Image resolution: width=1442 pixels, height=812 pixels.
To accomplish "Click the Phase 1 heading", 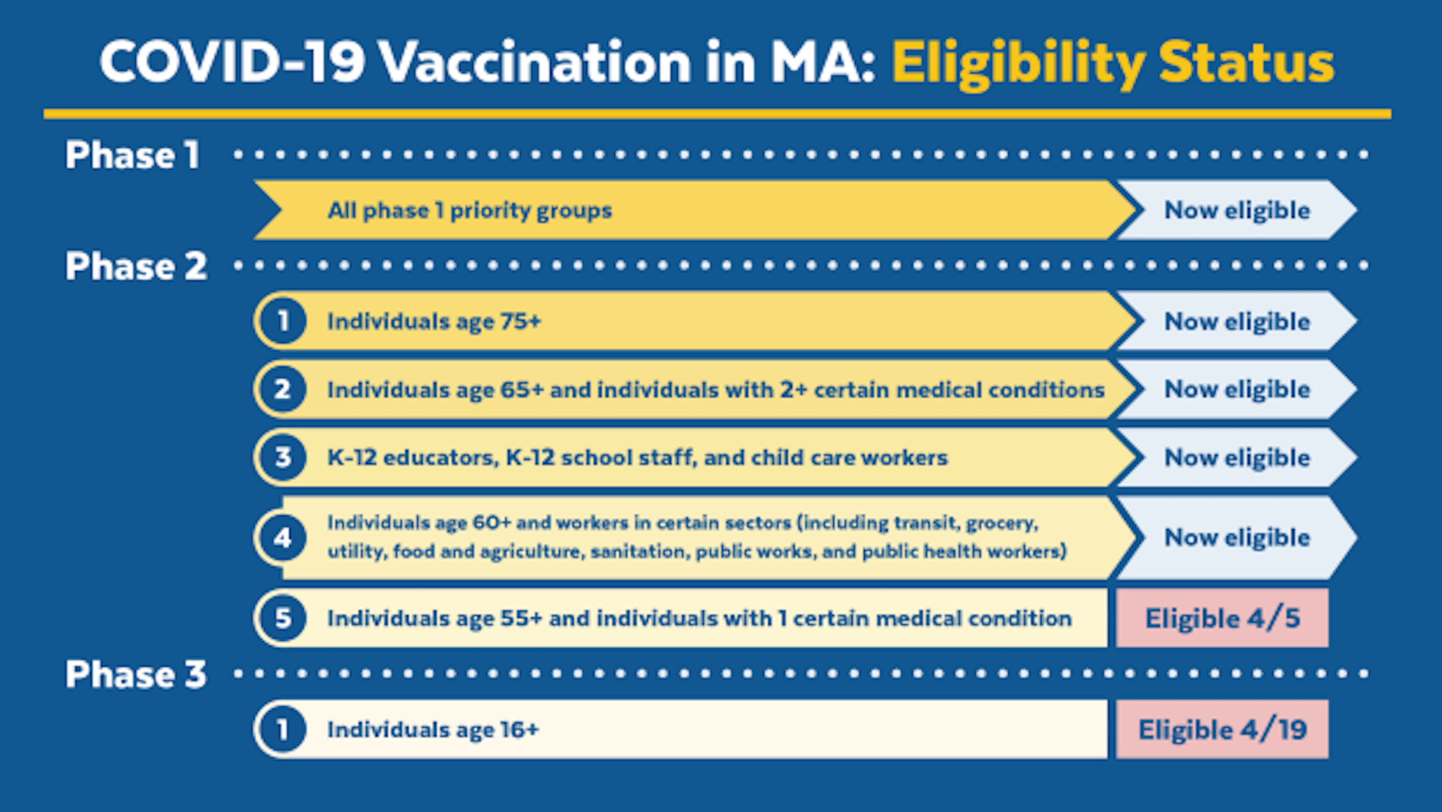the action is tap(132, 155).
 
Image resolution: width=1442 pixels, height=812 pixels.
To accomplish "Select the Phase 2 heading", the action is tap(136, 265).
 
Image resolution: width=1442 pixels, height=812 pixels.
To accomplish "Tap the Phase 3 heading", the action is tap(136, 674).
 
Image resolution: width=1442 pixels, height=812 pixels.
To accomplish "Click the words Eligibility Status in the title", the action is tap(1113, 63).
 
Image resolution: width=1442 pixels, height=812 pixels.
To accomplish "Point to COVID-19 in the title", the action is tap(232, 61).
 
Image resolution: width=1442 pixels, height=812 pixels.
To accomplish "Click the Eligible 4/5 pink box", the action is tap(1222, 618).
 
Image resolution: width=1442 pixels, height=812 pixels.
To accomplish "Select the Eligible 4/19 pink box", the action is tap(1222, 729).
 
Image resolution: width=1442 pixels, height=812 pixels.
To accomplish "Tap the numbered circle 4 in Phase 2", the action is tap(282, 538).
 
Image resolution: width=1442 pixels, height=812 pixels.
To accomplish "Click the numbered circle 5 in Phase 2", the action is tap(282, 618).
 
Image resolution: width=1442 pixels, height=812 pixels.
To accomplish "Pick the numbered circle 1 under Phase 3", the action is tap(282, 729).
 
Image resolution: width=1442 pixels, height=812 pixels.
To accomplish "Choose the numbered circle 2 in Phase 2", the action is tap(282, 389).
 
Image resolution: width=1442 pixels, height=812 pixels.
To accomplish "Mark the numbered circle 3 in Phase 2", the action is tap(282, 457).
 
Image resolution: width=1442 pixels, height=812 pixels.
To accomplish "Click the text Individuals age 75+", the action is tap(434, 322).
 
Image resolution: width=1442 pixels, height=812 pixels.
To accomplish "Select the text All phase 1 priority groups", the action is tap(470, 211).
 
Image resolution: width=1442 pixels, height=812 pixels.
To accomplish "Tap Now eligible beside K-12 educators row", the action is tap(1237, 458).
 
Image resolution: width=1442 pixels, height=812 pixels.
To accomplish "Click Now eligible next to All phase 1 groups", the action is tap(1237, 211).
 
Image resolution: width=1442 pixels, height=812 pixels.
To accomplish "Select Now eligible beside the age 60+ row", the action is tap(1237, 538).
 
